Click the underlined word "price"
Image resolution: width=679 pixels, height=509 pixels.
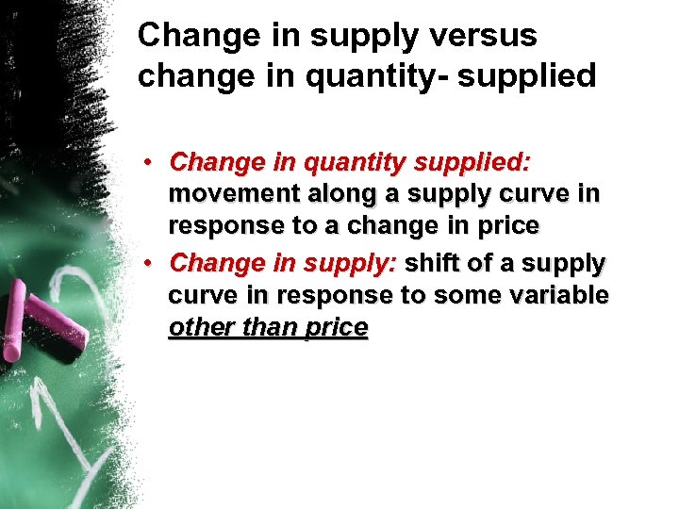click(x=334, y=328)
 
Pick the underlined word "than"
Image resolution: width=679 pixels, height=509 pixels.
click(x=266, y=327)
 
